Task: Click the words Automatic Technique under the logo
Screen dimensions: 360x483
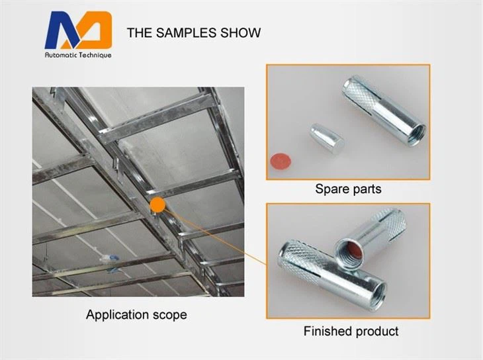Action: coord(78,56)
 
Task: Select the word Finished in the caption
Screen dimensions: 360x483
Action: coord(328,331)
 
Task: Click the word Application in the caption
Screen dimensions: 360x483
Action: coord(115,314)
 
